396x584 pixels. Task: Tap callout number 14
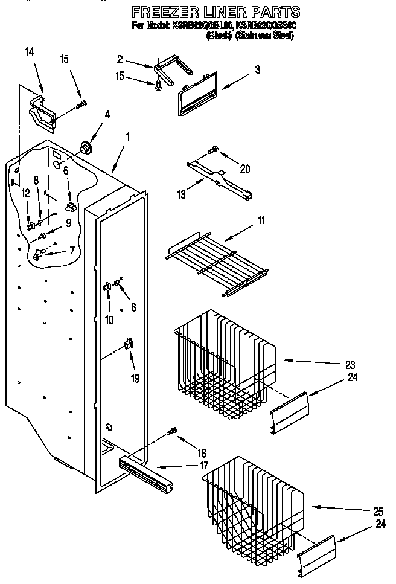point(30,53)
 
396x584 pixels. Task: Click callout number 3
point(257,69)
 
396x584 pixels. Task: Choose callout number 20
point(245,169)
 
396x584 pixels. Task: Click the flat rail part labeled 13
point(220,181)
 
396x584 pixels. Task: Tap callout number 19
point(136,379)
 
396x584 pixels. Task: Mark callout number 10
point(109,320)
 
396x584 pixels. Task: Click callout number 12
point(25,193)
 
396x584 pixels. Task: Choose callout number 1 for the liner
point(127,136)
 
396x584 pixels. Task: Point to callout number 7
point(72,249)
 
